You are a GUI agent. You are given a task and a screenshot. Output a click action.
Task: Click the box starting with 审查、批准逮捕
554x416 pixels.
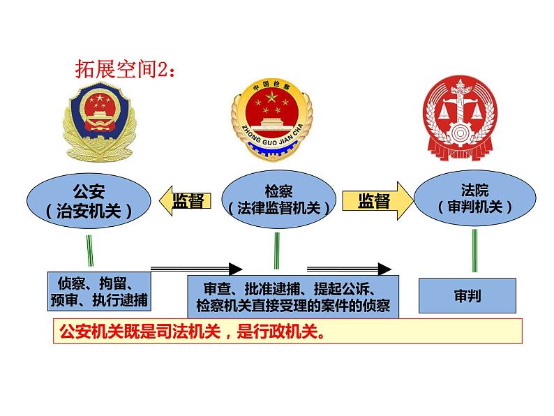coord(293,297)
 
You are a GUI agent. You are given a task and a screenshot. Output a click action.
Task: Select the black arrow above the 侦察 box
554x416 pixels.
coord(196,268)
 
